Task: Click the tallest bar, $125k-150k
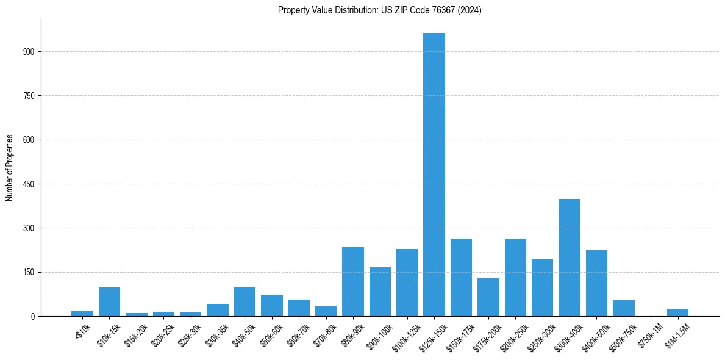click(434, 175)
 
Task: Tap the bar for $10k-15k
click(109, 301)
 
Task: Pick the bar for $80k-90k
click(352, 281)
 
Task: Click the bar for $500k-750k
click(623, 308)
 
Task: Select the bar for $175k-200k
click(488, 297)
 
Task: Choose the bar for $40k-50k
click(245, 301)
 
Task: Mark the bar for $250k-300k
click(542, 287)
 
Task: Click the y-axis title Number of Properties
click(10, 168)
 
